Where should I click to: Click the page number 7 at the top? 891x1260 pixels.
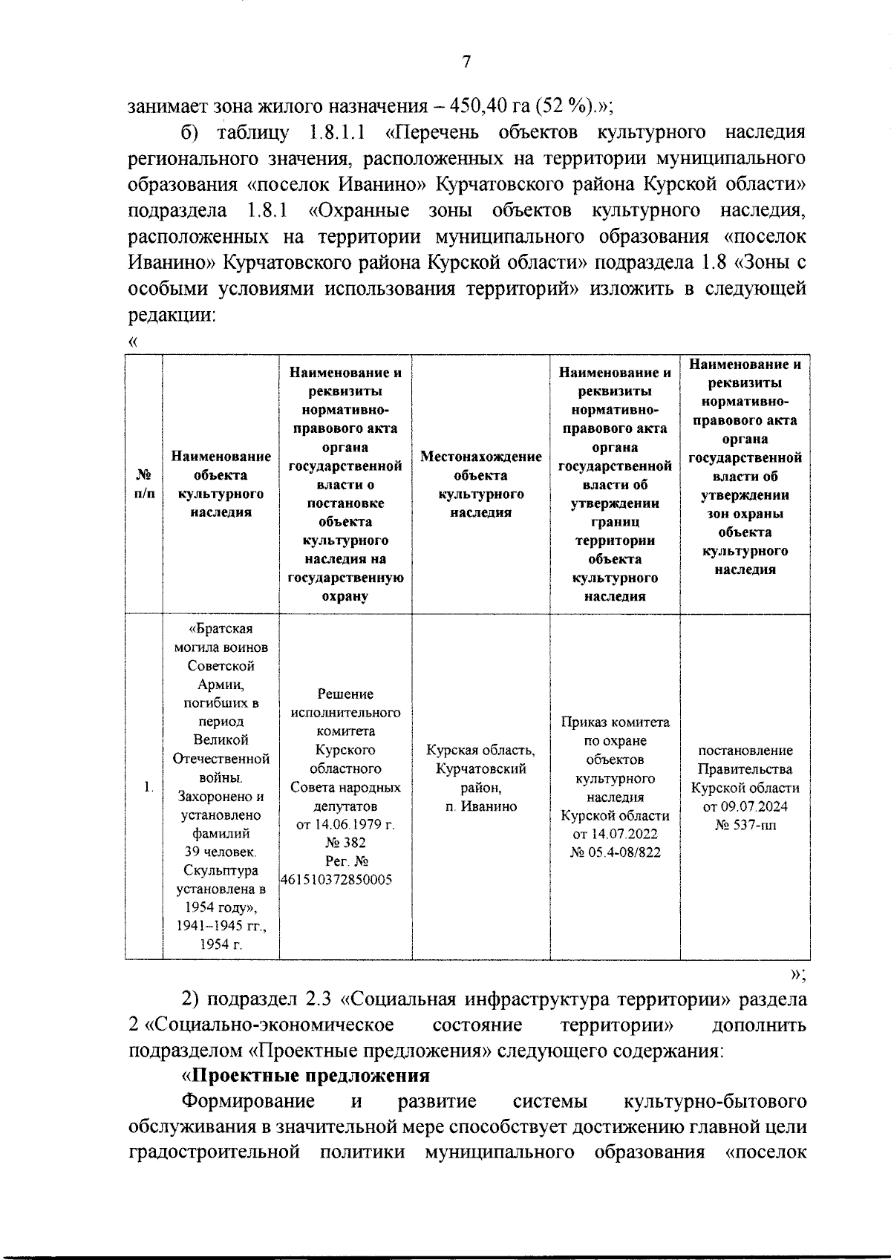point(466,62)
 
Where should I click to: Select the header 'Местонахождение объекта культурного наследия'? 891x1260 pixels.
point(480,484)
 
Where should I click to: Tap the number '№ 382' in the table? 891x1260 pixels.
point(345,843)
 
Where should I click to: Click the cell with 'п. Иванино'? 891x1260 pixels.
point(480,806)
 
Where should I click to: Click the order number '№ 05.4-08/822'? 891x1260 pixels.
point(615,852)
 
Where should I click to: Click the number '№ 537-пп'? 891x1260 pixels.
point(745,825)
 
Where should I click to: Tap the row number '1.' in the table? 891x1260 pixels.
point(148,787)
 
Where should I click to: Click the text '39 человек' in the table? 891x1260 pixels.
point(221,852)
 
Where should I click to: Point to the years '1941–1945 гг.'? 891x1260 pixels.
point(221,926)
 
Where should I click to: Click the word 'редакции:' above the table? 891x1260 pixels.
point(172,314)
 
